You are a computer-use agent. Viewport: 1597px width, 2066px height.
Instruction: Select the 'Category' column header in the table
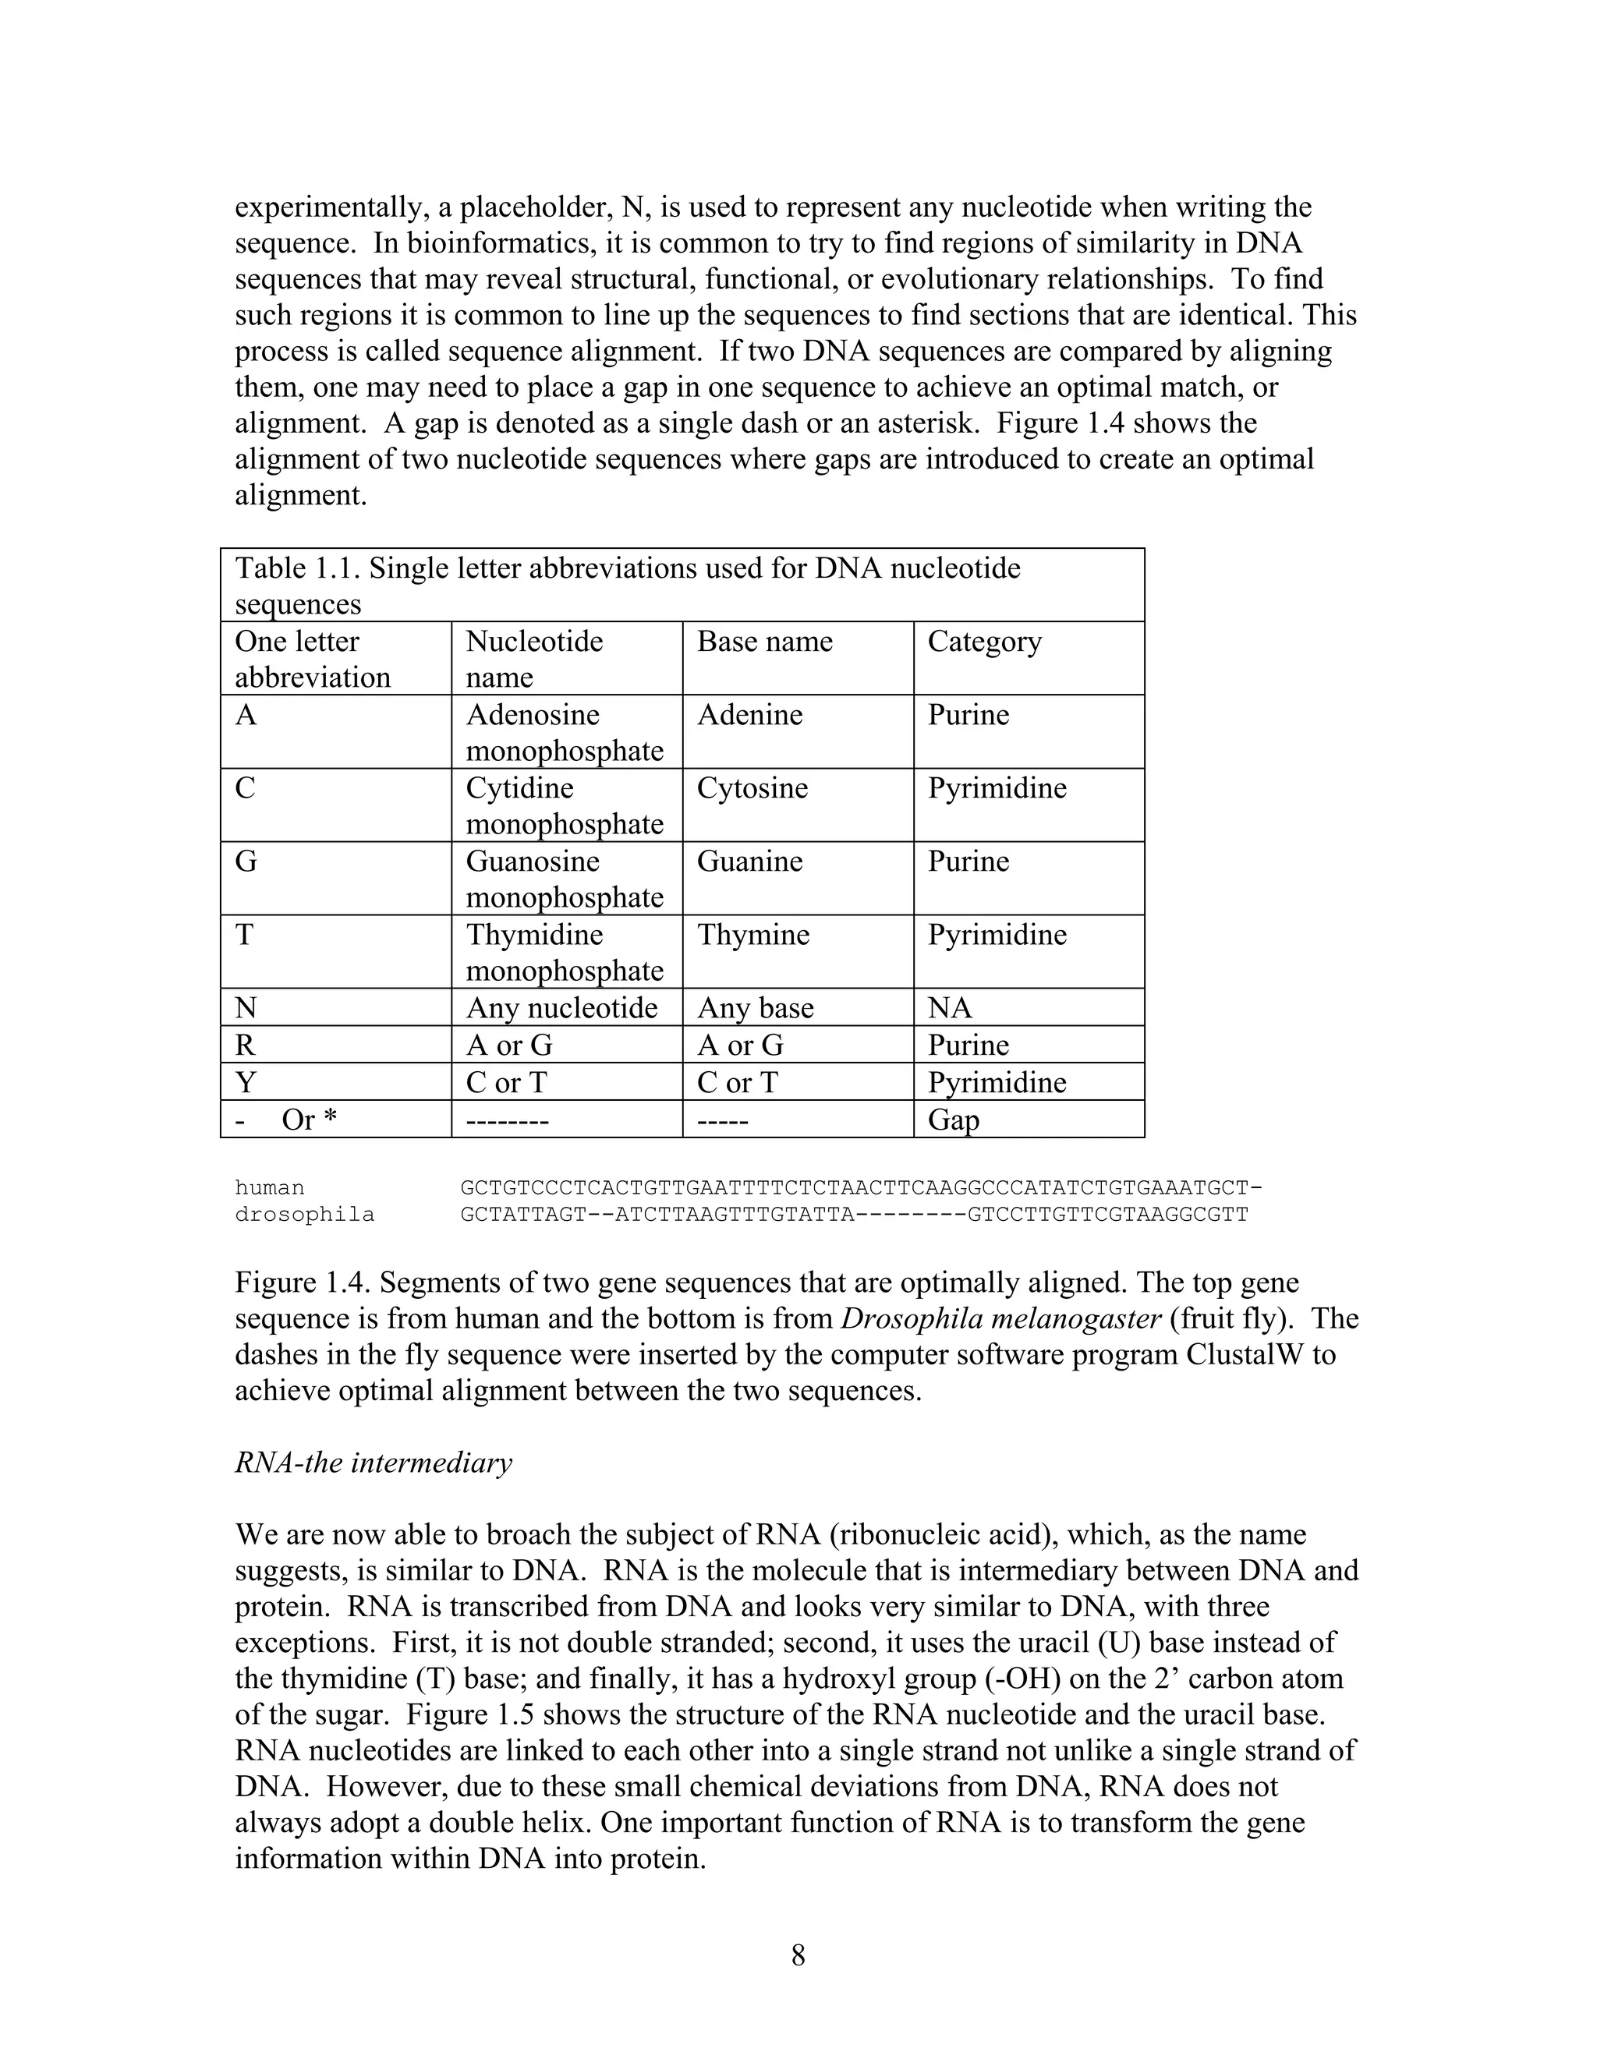click(x=984, y=642)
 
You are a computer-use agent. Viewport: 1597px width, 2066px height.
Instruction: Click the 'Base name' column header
click(x=764, y=642)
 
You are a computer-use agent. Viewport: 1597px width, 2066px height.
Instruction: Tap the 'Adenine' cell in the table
click(x=749, y=714)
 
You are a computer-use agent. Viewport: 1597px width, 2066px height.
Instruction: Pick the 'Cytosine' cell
click(x=752, y=788)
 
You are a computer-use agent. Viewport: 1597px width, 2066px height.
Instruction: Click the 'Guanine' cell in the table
click(x=749, y=861)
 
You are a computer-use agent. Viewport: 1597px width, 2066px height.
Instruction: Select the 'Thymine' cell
click(x=753, y=935)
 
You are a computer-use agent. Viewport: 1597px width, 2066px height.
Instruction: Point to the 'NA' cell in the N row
click(x=949, y=1007)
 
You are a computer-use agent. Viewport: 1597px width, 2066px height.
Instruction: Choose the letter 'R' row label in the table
click(x=245, y=1045)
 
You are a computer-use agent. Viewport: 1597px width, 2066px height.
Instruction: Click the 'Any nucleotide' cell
click(x=561, y=1007)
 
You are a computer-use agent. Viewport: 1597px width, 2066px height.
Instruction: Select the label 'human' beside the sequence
click(x=270, y=1188)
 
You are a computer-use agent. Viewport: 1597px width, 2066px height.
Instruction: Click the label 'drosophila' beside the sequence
click(x=305, y=1215)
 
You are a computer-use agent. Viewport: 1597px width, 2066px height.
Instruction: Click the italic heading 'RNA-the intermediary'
click(x=373, y=1463)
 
